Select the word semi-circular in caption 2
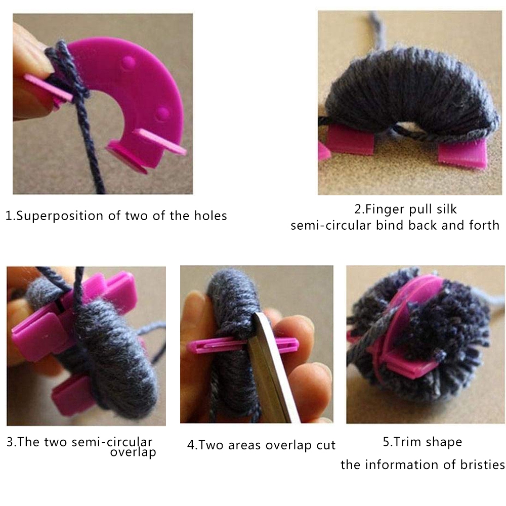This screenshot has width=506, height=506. pos(331,225)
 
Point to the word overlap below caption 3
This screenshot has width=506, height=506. pos(133,452)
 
